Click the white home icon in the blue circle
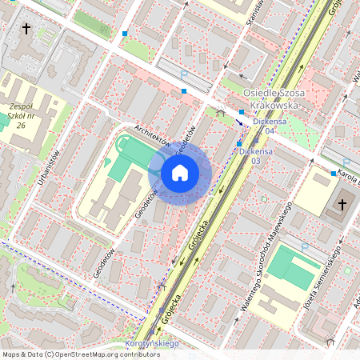(180, 173)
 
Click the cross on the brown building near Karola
(342, 204)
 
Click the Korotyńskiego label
(153, 344)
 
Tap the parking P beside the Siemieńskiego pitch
(305, 248)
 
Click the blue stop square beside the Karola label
(333, 174)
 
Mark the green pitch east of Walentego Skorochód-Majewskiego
(288, 268)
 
